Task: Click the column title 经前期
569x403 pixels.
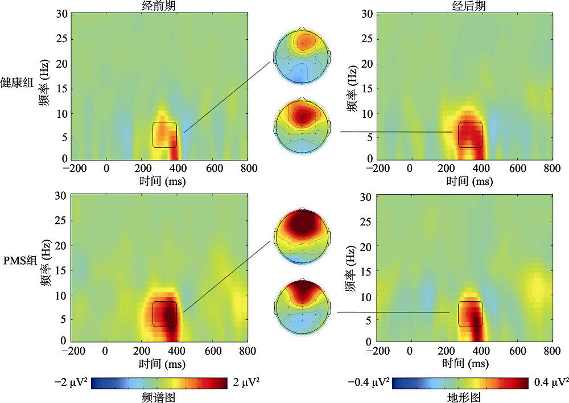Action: [158, 5]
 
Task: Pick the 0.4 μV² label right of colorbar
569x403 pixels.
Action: [550, 381]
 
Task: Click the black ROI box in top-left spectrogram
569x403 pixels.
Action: [164, 135]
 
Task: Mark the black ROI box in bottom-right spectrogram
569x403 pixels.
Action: [471, 314]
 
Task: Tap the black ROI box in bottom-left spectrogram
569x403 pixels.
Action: [164, 314]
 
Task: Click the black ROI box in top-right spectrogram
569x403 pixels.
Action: [471, 135]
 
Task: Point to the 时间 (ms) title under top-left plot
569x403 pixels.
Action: [159, 181]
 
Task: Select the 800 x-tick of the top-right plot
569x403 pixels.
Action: [551, 168]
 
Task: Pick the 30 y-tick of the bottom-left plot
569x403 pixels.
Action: [61, 195]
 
